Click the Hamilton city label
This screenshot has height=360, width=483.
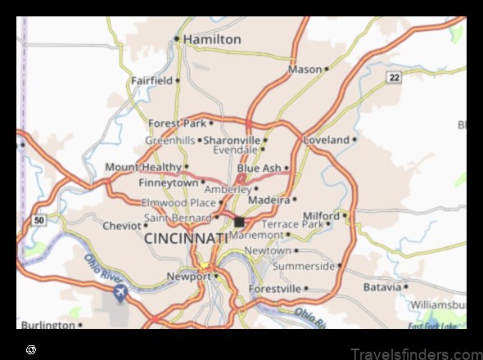tap(211, 39)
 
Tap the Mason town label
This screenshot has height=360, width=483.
tap(305, 70)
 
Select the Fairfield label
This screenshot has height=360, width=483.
tap(151, 81)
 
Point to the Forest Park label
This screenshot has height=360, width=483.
tap(176, 124)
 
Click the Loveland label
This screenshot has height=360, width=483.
tap(326, 140)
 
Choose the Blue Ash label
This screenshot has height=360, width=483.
tap(259, 169)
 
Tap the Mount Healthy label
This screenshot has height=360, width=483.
tap(142, 167)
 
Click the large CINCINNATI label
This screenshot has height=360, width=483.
tap(186, 238)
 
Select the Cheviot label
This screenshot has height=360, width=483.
tap(121, 226)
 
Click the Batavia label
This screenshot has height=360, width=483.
tap(382, 287)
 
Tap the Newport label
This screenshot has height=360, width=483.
tap(189, 277)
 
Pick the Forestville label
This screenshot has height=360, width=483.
tap(277, 288)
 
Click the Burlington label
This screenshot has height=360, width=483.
tap(47, 325)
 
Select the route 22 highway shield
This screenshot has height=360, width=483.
tap(394, 77)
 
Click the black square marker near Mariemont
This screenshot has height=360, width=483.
tap(239, 222)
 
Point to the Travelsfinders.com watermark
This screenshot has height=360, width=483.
tap(416, 352)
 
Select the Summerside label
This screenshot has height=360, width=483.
tap(303, 266)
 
